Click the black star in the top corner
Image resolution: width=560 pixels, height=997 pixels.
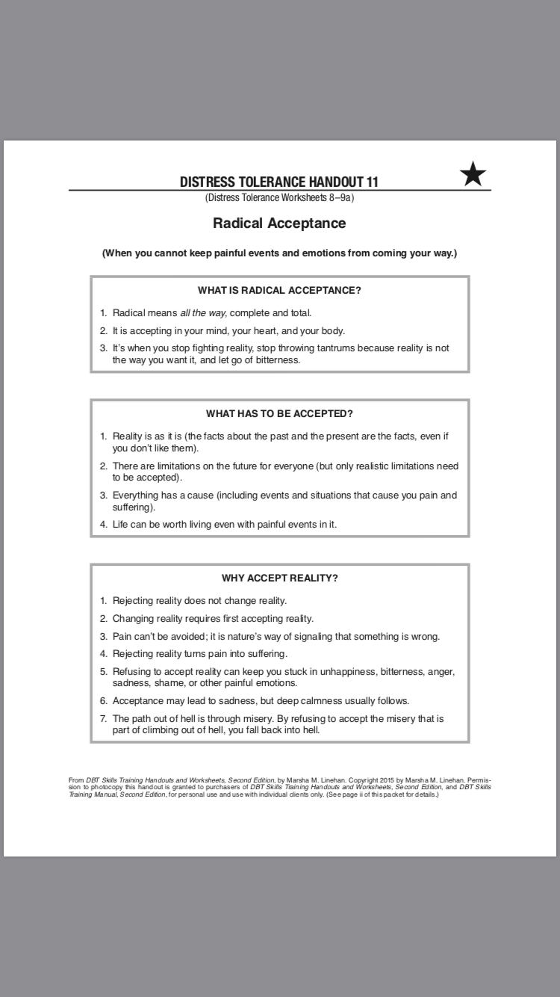473,175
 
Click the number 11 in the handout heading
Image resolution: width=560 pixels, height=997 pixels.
373,182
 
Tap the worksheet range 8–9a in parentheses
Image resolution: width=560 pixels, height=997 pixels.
337,198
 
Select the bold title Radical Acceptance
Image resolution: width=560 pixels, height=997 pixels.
279,223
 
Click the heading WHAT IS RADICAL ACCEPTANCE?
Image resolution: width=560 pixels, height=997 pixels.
279,291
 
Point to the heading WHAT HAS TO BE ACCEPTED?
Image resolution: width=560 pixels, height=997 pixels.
279,413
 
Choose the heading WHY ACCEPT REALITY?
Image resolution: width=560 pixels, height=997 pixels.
279,578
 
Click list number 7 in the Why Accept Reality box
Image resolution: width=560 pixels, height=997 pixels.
104,718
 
